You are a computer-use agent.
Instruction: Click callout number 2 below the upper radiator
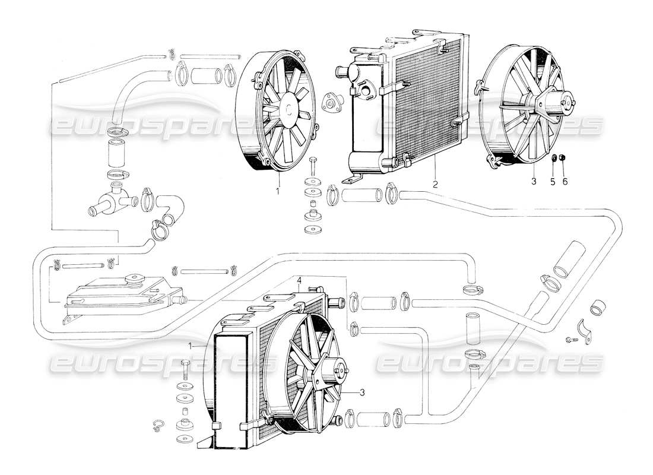click(435, 185)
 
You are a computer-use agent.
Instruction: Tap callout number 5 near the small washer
click(552, 182)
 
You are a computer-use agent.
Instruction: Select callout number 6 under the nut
click(565, 182)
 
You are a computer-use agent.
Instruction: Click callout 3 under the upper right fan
click(534, 182)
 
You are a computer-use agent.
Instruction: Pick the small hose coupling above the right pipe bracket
click(598, 309)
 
